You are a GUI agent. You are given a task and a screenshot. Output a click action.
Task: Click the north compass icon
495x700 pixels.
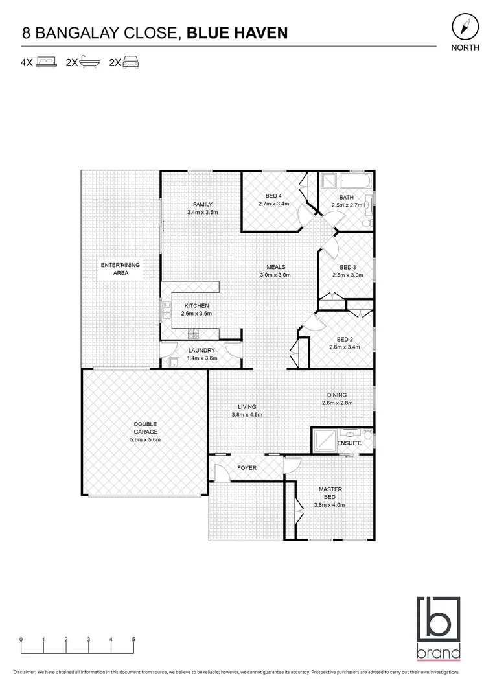tap(465, 27)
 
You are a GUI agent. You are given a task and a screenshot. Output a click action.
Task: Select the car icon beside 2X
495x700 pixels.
tap(132, 63)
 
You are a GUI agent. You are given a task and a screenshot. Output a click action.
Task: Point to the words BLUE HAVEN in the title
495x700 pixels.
tap(237, 33)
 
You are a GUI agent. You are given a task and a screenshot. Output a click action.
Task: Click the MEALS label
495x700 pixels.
tap(277, 267)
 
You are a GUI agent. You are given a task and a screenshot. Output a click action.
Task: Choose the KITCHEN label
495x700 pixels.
tap(196, 306)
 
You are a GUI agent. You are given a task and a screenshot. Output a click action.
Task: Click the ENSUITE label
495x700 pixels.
tap(349, 443)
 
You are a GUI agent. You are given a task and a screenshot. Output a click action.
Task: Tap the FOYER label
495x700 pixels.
tap(247, 467)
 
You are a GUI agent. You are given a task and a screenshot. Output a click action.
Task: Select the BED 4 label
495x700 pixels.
tap(273, 196)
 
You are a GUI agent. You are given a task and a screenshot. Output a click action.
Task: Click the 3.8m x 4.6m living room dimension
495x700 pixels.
tap(247, 415)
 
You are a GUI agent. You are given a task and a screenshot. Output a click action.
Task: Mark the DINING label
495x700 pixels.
tap(337, 395)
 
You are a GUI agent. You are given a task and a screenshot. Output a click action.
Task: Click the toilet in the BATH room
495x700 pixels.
tap(367, 223)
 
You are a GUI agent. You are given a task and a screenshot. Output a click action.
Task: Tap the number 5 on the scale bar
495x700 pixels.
tap(133, 639)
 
